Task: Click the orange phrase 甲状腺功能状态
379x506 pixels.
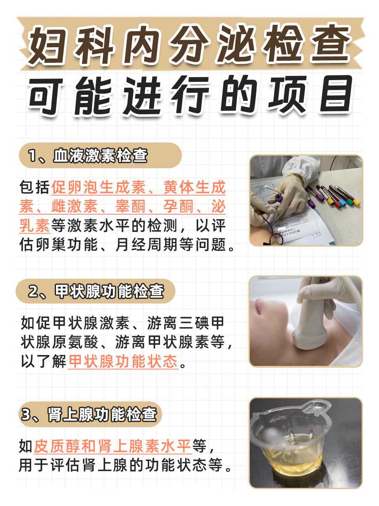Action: pos(123,362)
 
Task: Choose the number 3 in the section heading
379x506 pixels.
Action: pos(27,415)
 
